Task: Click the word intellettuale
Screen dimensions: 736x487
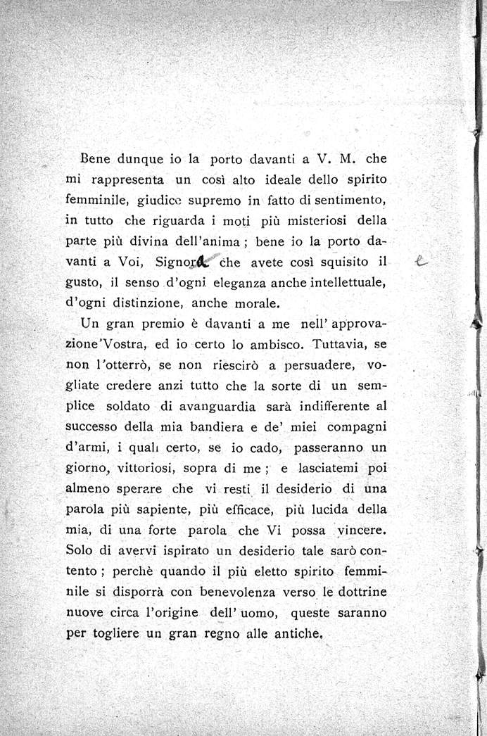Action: (341, 282)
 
